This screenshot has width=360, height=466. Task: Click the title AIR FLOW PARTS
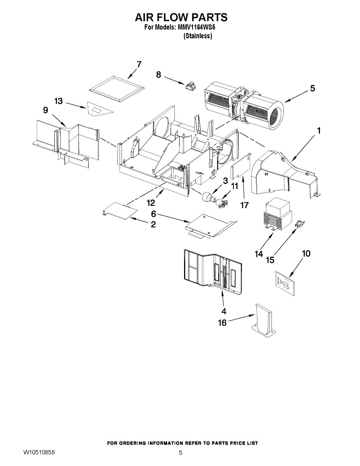181,17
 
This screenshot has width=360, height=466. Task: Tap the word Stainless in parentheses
198,36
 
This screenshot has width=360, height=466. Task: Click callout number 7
139,64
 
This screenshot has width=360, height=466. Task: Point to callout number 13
59,101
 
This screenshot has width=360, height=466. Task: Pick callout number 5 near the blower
313,88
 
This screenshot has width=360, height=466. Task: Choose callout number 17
244,205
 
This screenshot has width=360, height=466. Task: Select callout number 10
306,254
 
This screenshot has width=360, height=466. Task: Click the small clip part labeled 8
190,87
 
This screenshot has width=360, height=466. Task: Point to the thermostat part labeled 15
300,223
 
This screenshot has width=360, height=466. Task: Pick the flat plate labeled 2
120,210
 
